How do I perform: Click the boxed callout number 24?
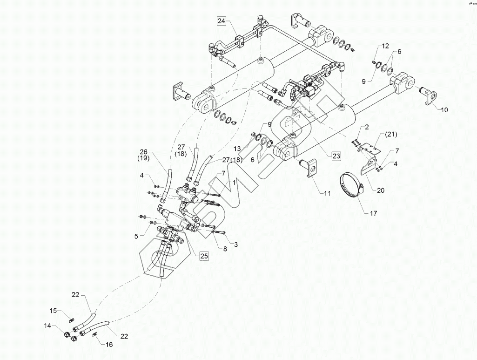(221, 21)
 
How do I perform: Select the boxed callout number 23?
(336, 156)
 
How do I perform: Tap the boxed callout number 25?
(203, 255)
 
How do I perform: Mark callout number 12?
(385, 46)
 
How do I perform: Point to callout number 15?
(54, 310)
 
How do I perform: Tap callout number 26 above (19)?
(144, 151)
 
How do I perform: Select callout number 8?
(225, 249)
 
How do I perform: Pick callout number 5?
(137, 236)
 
